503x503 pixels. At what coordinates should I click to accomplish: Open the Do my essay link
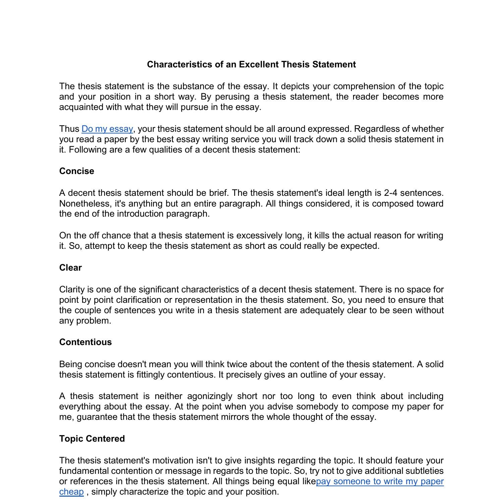tap(107, 129)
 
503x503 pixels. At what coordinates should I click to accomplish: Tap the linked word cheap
tap(71, 492)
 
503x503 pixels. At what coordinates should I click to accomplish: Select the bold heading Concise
tap(77, 171)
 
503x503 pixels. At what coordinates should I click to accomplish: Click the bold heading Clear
tap(70, 268)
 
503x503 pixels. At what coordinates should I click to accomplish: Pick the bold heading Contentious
tap(86, 342)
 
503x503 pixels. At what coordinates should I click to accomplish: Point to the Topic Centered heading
tap(92, 439)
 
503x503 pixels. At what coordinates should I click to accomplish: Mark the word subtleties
tap(425, 471)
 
